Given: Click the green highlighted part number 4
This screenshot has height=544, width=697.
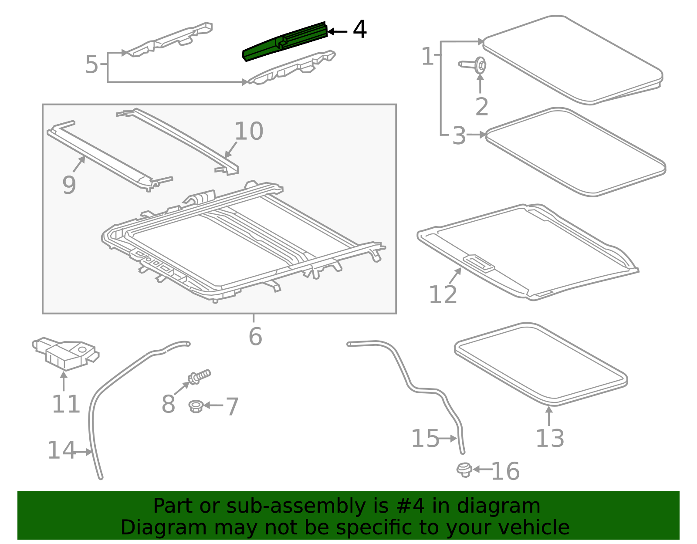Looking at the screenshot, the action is (x=285, y=41).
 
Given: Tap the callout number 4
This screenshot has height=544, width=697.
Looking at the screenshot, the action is (x=359, y=30).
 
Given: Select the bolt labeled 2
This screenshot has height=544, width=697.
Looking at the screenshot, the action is (x=472, y=65).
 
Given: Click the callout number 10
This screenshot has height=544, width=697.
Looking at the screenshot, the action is (x=249, y=131).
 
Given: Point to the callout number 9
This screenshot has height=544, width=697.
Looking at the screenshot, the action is (x=69, y=185).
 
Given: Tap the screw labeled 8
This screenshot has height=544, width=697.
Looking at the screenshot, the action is (x=199, y=378).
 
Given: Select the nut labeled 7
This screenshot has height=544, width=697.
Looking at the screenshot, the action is (x=196, y=406).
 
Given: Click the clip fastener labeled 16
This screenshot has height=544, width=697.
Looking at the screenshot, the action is (x=464, y=470).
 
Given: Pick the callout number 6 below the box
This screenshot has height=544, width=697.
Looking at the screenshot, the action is (x=255, y=336).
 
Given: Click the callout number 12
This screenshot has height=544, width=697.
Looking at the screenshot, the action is (x=443, y=294).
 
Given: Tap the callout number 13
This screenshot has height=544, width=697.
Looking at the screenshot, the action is (x=550, y=438).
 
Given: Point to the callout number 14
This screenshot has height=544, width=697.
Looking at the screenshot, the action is (x=61, y=450).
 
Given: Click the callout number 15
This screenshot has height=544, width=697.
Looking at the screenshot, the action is (x=425, y=438).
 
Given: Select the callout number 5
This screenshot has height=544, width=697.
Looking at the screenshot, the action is (x=91, y=64).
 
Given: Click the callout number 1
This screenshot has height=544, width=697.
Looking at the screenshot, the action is (x=428, y=56).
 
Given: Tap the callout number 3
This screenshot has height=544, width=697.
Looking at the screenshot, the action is (x=459, y=135).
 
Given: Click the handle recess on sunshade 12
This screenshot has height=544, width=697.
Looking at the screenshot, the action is (x=479, y=263).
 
